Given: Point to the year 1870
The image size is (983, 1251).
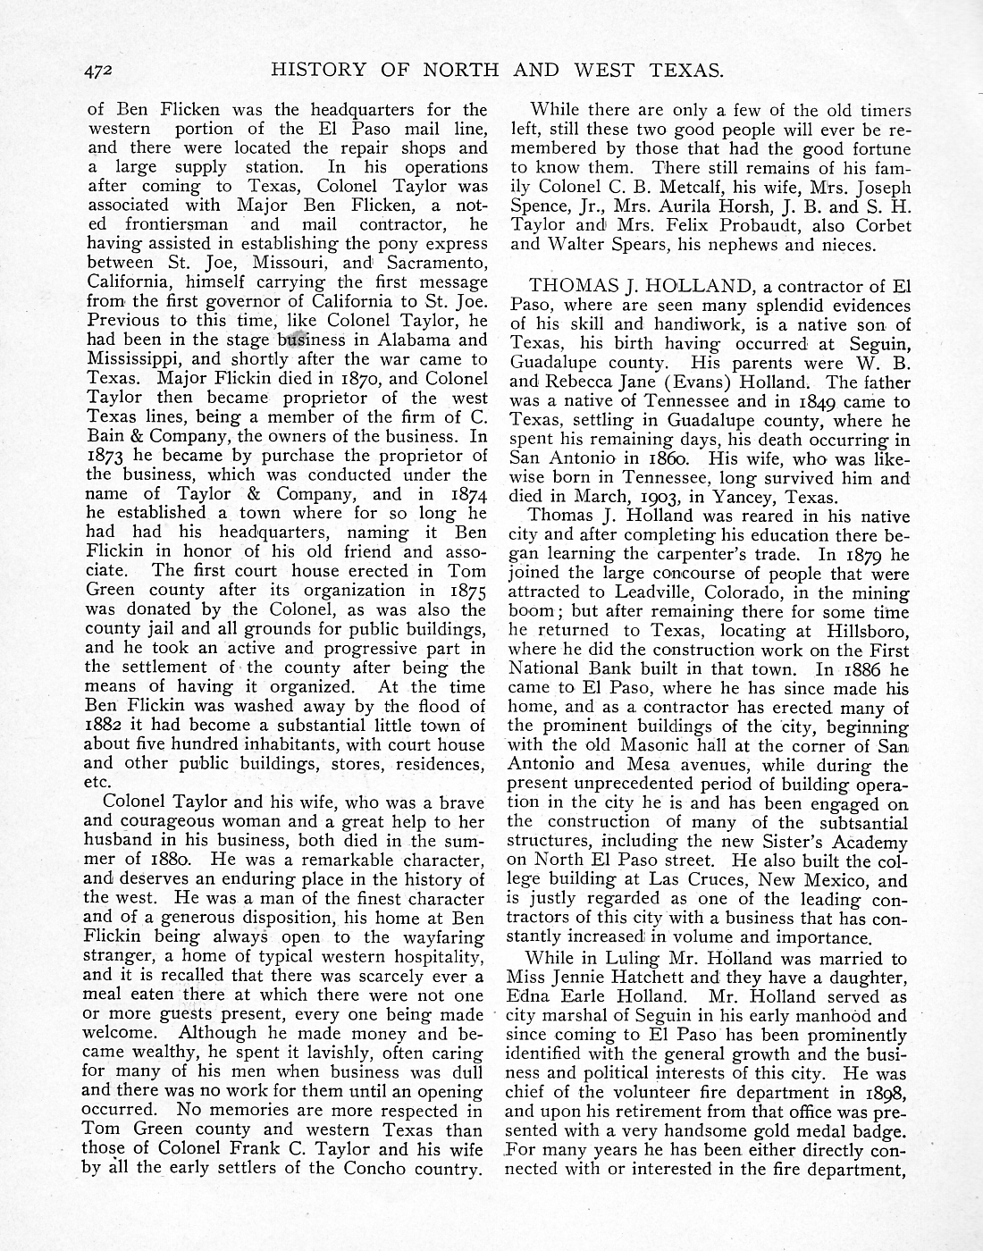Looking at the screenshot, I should (347, 379).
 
